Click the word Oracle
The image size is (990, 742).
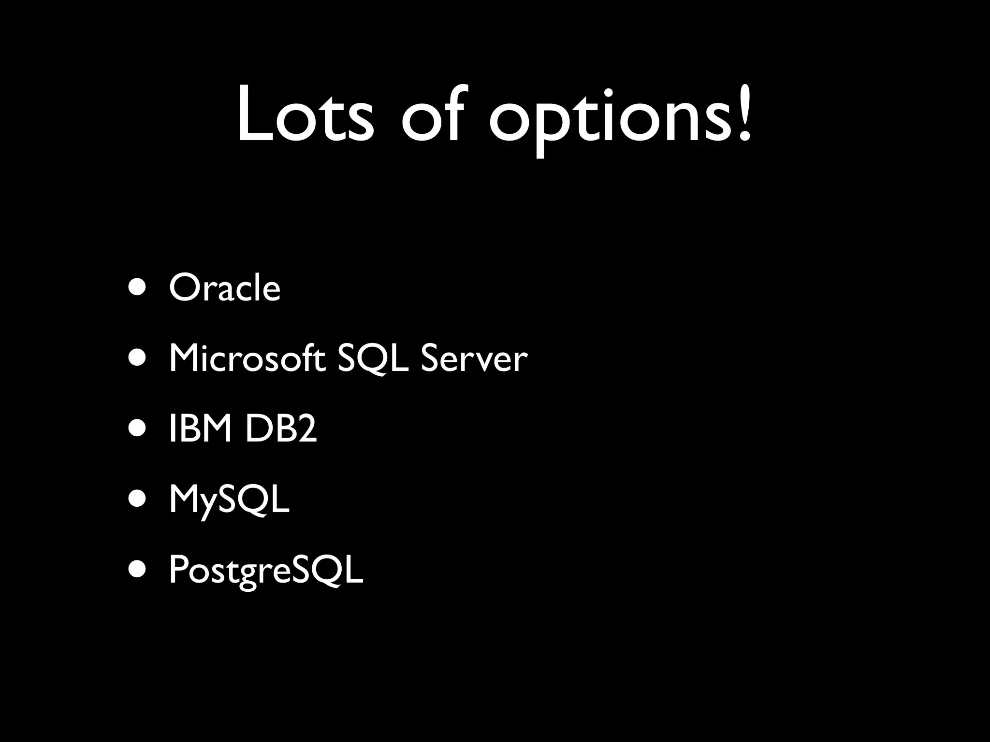tap(225, 288)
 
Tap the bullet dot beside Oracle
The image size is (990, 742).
tap(137, 288)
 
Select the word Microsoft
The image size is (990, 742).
tap(247, 359)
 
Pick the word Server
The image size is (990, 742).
tap(474, 359)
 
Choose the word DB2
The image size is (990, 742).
tap(281, 429)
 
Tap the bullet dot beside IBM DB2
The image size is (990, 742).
tap(137, 429)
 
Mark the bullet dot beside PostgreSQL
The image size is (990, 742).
tap(137, 570)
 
